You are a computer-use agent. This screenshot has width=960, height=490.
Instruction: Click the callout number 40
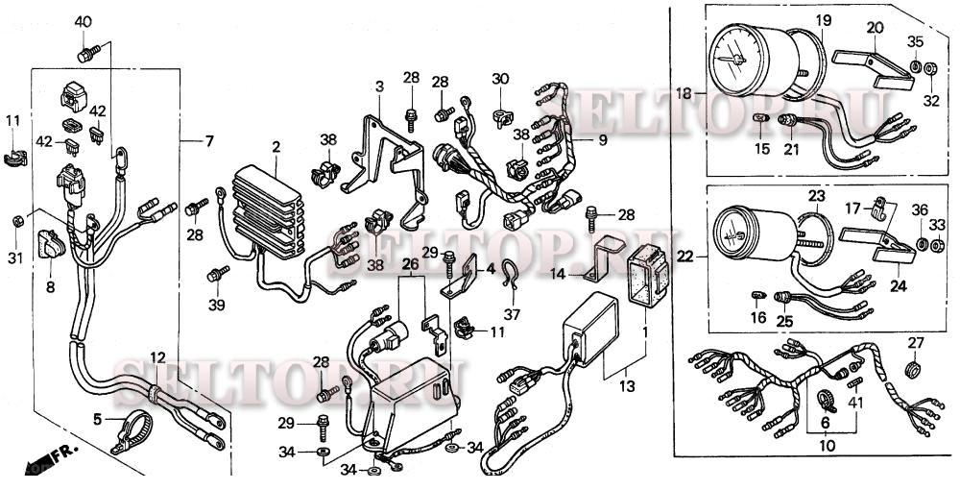(x=84, y=22)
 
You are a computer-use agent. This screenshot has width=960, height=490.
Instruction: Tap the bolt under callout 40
(x=88, y=54)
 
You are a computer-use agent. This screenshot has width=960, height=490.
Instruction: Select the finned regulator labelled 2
(x=268, y=211)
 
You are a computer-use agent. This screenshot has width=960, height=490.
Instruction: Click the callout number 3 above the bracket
(x=379, y=86)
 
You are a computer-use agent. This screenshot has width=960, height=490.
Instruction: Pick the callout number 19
(x=824, y=20)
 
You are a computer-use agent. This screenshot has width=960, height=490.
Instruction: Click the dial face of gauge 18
(x=736, y=60)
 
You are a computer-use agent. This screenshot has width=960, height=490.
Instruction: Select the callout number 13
(x=627, y=386)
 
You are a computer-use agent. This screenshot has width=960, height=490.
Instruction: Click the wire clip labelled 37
(x=510, y=274)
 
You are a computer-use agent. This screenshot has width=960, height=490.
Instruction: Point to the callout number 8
(x=50, y=286)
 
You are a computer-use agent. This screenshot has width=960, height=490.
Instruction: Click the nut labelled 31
(x=18, y=219)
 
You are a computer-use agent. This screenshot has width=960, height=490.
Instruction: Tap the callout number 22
(x=685, y=257)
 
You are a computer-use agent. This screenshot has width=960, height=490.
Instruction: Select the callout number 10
(x=828, y=446)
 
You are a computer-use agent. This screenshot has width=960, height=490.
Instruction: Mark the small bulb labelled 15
(x=761, y=117)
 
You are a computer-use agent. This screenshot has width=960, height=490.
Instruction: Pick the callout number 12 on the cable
(x=158, y=357)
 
